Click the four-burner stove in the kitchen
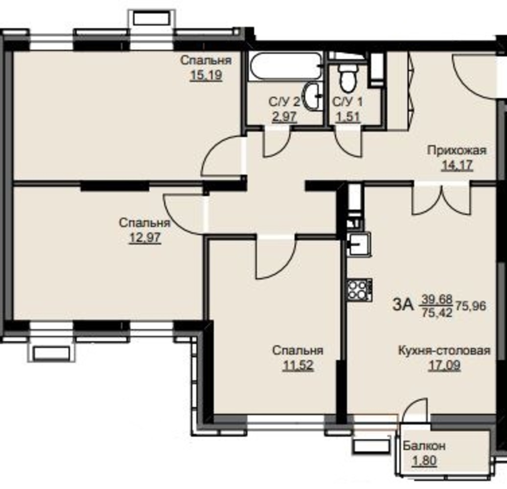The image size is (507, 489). tap(360, 289)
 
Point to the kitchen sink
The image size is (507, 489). tap(359, 244)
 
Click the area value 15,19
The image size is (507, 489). tap(206, 76)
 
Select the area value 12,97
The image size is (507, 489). tap(145, 238)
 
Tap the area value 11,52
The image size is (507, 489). tap(298, 366)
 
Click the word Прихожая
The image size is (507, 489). tap(457, 151)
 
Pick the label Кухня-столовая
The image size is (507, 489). tap(444, 351)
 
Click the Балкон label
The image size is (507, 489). tap(424, 446)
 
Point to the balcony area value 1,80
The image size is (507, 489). tap(424, 461)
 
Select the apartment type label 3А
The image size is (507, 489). tap(403, 304)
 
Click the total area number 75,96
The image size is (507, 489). tap(471, 306)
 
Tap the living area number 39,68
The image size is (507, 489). tap(437, 300)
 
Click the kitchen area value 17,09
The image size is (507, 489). tap(444, 366)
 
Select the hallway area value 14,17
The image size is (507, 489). tap(457, 166)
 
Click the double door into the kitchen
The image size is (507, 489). tap(441, 199)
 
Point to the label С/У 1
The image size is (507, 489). tap(347, 102)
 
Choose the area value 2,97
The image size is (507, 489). tap(284, 116)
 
